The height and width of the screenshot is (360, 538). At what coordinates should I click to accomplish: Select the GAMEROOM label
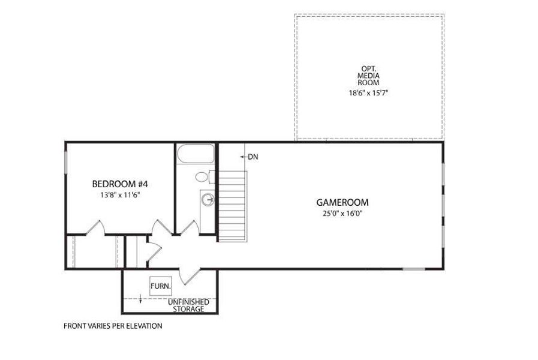point(342,203)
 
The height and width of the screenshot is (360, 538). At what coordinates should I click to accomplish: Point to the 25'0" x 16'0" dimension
point(342,214)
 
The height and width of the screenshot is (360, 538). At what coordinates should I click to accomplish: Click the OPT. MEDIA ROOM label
point(369,76)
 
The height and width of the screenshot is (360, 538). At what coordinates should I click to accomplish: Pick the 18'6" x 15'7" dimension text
point(369,94)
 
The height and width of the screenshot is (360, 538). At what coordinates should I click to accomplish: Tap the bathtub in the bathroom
point(196,154)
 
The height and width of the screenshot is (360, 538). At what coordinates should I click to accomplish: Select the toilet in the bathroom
point(203,177)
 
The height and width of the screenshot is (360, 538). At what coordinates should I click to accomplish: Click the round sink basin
point(208,199)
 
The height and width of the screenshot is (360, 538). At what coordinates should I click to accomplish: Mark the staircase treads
point(232,205)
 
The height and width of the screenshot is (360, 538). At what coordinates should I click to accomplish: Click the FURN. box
point(160,286)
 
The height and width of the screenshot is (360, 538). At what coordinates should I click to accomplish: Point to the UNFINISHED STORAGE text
point(188,305)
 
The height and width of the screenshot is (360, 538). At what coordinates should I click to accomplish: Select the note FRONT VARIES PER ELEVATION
point(113,326)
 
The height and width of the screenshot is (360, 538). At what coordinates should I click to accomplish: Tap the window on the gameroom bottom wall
point(413,269)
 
